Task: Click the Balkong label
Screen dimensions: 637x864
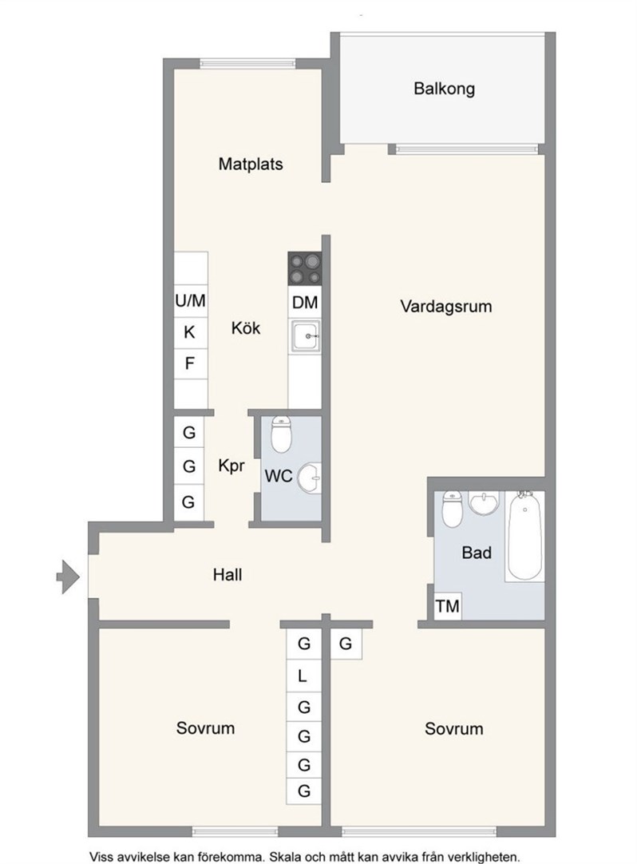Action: coord(444,89)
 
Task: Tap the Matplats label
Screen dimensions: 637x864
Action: coord(251,164)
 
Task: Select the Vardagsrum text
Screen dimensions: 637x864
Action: coord(445,307)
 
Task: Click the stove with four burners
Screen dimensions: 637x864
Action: coord(305,268)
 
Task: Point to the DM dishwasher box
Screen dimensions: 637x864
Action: coord(305,302)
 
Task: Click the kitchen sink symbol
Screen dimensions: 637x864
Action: coord(305,336)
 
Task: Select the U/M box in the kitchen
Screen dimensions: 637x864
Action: coord(191,301)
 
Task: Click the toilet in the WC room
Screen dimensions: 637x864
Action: coord(281,434)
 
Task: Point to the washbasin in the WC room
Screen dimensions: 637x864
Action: coord(309,478)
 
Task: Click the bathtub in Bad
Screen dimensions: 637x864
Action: coord(525,535)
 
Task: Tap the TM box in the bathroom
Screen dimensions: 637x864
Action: coord(448,606)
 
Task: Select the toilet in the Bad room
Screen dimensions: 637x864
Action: coord(453,509)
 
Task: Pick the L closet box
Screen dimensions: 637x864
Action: coord(303,676)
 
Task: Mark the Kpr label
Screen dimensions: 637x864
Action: coord(231,466)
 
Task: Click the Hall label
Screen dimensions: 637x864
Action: coord(227,575)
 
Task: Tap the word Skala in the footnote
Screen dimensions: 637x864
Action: coord(287,857)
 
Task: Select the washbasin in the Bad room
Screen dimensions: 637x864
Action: coord(483,502)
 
